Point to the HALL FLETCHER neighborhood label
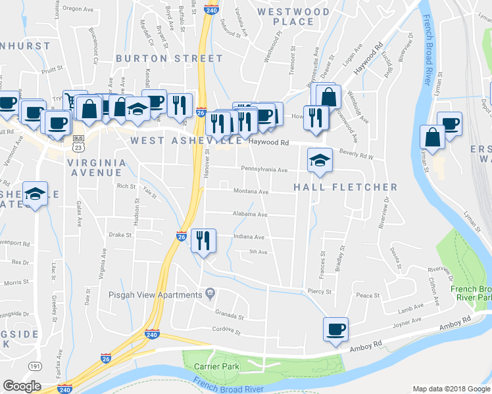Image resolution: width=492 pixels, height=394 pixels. (x=345, y=187)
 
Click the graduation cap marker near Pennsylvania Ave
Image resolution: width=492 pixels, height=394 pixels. (x=319, y=160)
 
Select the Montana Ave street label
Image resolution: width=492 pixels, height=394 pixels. (x=251, y=192)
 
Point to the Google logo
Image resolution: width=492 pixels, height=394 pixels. (x=22, y=386)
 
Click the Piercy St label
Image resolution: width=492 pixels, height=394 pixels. (x=319, y=291)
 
